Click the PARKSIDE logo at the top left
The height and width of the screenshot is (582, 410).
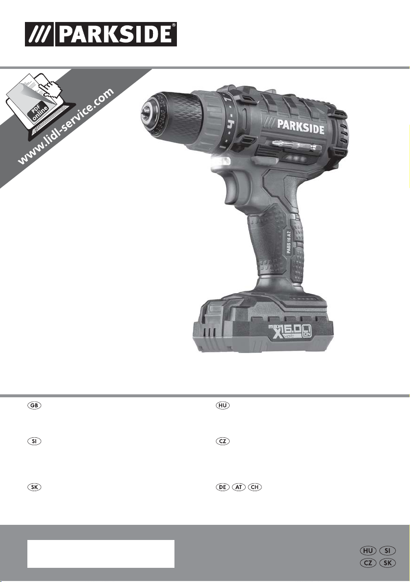tap(101, 34)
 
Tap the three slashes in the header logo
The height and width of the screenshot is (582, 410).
tap(40, 34)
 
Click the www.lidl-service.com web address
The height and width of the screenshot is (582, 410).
tap(66, 126)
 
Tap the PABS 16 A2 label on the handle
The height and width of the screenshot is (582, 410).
tap(291, 241)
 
